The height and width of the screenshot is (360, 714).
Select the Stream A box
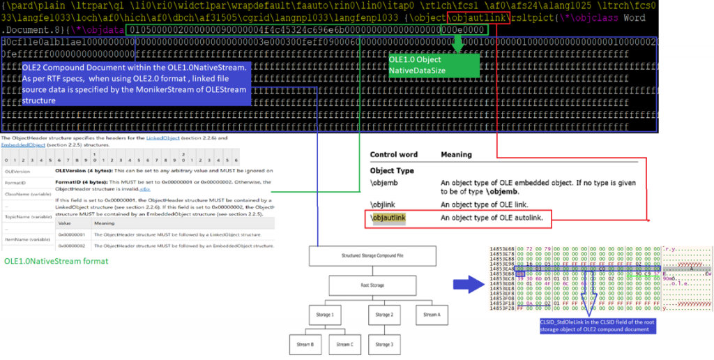432,315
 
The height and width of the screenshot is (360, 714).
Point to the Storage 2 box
383,315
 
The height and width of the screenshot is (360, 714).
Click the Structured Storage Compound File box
359,256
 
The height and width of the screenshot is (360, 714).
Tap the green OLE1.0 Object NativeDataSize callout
434,66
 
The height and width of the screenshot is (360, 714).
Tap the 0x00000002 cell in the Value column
70,245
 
